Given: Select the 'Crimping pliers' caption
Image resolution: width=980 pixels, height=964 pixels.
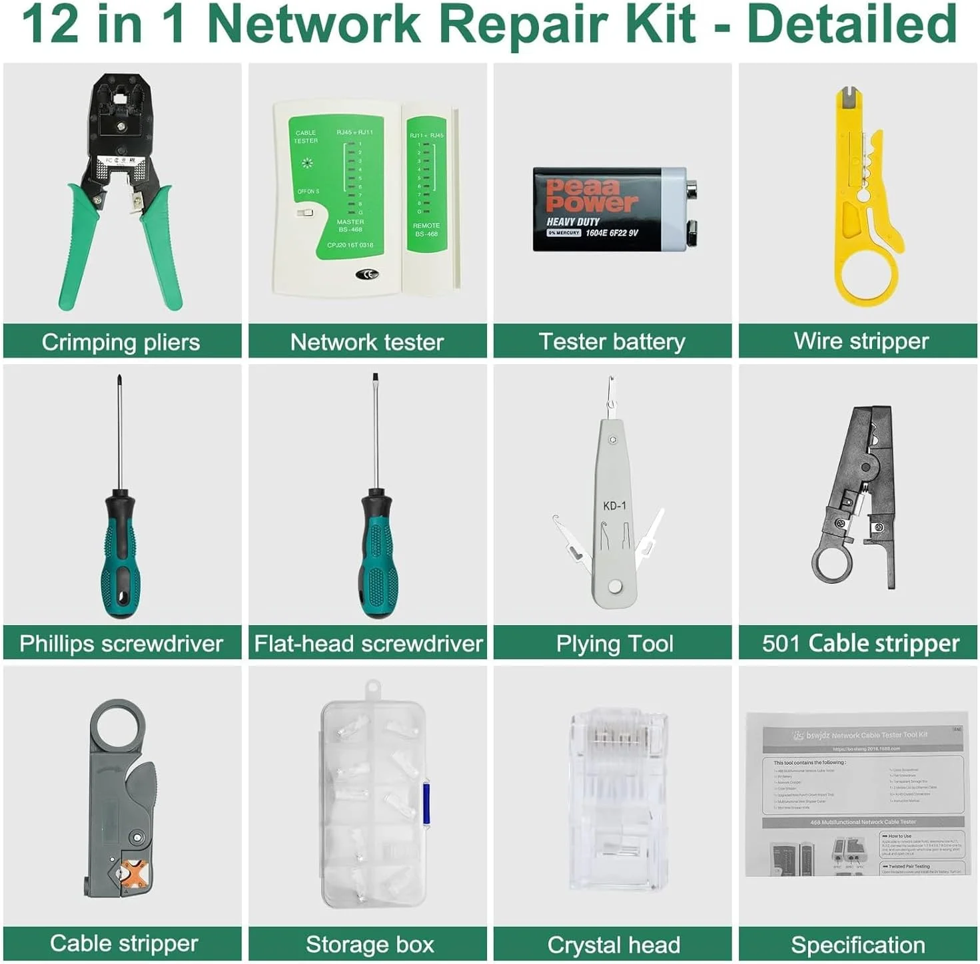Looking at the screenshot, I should coord(121,342).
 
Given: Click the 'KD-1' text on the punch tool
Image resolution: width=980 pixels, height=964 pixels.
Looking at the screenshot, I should coord(614,506).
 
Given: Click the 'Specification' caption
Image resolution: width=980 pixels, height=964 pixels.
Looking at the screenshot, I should coord(858,945).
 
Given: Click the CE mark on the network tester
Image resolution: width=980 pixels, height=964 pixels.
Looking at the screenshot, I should coord(367,274).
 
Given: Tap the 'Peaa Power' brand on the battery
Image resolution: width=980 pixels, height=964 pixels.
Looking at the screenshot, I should coord(590,195).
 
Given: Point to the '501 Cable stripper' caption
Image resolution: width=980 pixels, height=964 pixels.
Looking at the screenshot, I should coord(861,643).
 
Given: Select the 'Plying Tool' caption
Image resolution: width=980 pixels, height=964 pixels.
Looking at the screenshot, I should coord(614,644).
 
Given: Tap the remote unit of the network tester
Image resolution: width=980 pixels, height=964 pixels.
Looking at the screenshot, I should coord(428,193).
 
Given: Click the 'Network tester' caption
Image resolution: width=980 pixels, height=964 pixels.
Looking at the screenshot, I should coord(367,342).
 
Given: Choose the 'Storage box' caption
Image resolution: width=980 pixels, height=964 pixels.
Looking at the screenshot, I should coord(370,945).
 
